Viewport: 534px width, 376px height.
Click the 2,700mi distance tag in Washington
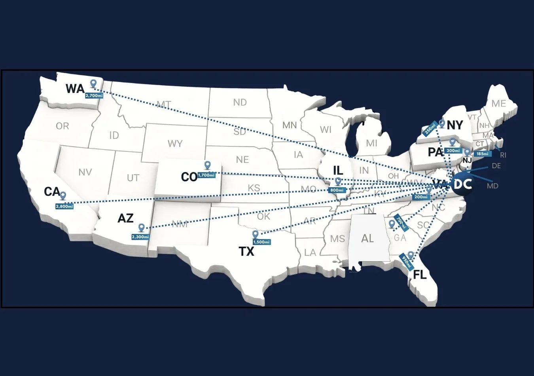coord(94,95)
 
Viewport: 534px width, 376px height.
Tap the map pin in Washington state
coord(93,84)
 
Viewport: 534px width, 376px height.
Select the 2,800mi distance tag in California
coord(64,206)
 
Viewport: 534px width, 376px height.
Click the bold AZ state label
coord(125,218)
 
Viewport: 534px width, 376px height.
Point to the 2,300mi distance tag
coord(140,237)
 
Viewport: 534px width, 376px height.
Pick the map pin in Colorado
coord(207,165)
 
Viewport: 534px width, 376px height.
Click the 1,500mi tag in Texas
coord(261,242)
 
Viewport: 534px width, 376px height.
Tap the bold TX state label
coord(246,251)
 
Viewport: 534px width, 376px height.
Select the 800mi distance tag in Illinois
coord(337,190)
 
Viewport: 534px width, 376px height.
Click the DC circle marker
coord(462,184)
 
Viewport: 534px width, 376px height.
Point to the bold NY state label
coord(455,125)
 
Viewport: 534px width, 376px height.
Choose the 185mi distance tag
coord(482,154)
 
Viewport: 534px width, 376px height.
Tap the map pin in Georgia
coord(392,224)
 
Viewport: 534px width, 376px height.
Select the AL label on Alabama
coord(367,238)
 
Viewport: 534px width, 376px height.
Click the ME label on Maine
coord(499,103)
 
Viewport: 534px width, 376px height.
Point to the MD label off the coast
coord(492,186)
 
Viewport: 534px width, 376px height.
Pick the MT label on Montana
coord(164,104)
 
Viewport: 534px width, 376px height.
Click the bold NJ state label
coord(467,161)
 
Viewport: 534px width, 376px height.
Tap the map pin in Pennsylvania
coord(453,142)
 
